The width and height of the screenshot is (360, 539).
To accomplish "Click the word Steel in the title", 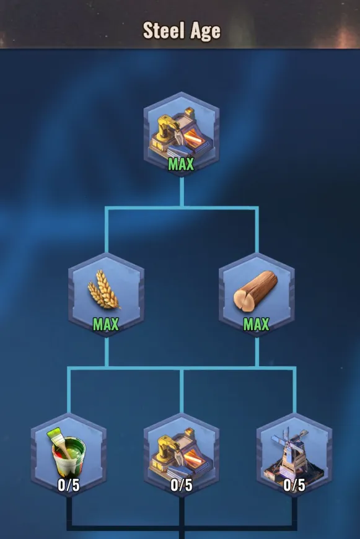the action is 164,30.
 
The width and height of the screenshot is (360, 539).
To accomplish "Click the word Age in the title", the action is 205,32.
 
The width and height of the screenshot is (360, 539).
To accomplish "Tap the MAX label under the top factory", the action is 181,164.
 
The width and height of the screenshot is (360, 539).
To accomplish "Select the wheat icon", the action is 104,289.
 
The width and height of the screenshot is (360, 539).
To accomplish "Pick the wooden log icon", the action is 255,291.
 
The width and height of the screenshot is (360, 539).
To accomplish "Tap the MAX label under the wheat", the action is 106,324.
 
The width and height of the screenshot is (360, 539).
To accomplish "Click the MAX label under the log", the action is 257,324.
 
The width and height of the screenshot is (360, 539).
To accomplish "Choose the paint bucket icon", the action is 68,453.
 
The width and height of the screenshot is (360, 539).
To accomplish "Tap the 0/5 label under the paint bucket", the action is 69,485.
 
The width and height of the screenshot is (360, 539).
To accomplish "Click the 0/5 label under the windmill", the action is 294,485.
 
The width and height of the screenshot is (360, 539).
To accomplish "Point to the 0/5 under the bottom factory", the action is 182,485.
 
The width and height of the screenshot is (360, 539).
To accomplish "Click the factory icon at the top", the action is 181,133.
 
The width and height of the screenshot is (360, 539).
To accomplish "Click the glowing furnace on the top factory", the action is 193,138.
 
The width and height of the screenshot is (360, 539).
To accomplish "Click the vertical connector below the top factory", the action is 182,192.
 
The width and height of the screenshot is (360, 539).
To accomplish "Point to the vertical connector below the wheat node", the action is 107,353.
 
